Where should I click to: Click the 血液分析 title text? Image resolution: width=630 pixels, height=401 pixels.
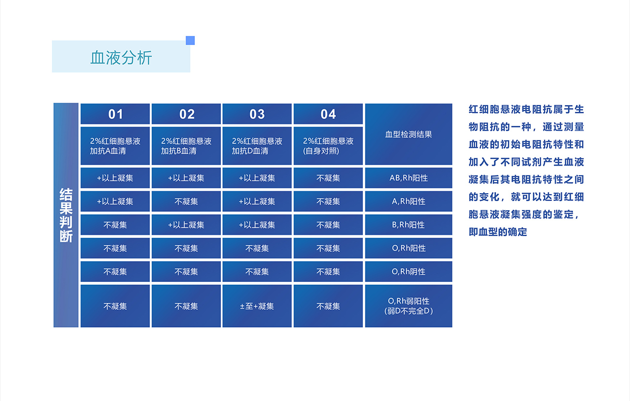pos(121,58)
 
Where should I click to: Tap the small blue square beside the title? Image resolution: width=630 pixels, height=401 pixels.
pos(190,41)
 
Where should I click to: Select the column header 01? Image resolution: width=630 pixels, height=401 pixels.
pos(115,114)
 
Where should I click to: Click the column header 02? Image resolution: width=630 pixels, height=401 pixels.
pos(186,114)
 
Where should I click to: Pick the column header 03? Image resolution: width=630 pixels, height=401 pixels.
pos(257,114)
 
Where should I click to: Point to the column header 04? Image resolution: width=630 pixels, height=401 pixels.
pos(328,114)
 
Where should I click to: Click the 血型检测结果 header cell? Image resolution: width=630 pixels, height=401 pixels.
pos(409,134)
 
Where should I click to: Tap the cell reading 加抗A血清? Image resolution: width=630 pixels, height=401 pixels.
pos(115,146)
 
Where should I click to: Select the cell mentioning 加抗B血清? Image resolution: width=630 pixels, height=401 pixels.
pos(186,146)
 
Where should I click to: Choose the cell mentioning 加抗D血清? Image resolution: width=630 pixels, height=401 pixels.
pos(257,146)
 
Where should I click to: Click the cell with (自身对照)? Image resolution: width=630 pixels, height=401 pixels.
pos(328,146)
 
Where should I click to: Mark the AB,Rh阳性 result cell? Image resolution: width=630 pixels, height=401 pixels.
pos(409,178)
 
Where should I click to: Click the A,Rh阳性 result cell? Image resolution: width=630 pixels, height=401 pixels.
pos(409,201)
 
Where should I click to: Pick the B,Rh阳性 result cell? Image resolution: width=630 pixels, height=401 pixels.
pos(409,225)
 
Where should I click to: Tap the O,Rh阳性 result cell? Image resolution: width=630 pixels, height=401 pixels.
pos(409,248)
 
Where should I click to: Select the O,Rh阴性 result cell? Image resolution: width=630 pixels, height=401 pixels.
pos(409,272)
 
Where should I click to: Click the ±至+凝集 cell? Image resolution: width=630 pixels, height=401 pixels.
pos(257,306)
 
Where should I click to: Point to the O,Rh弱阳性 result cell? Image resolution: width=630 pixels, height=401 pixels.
pos(409,306)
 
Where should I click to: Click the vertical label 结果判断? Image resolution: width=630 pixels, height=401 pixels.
pos(66,215)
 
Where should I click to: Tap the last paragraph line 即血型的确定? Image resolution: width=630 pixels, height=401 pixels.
pos(498,232)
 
